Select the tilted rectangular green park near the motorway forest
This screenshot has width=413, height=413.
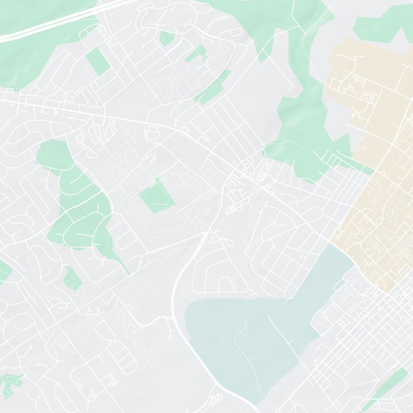coord(98,61)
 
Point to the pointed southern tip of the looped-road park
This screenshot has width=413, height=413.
coord(128,274)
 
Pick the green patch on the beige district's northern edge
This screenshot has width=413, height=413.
coord(382,26)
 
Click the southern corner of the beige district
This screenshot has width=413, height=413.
coord(385,292)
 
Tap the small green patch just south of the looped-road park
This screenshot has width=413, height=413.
coord(72,279)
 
